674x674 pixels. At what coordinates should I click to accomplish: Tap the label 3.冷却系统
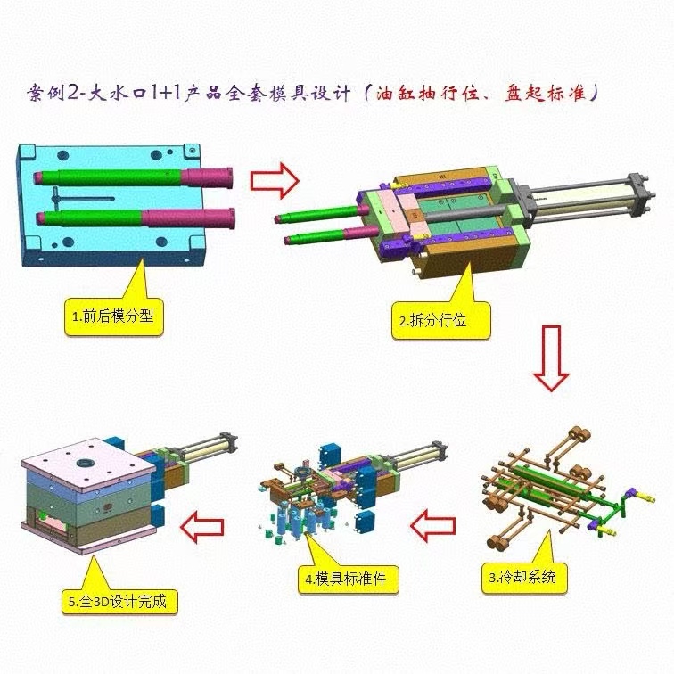tap(526, 577)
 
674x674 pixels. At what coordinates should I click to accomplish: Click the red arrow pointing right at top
tap(274, 179)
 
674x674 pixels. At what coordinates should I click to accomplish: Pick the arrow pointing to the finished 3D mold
tap(203, 525)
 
